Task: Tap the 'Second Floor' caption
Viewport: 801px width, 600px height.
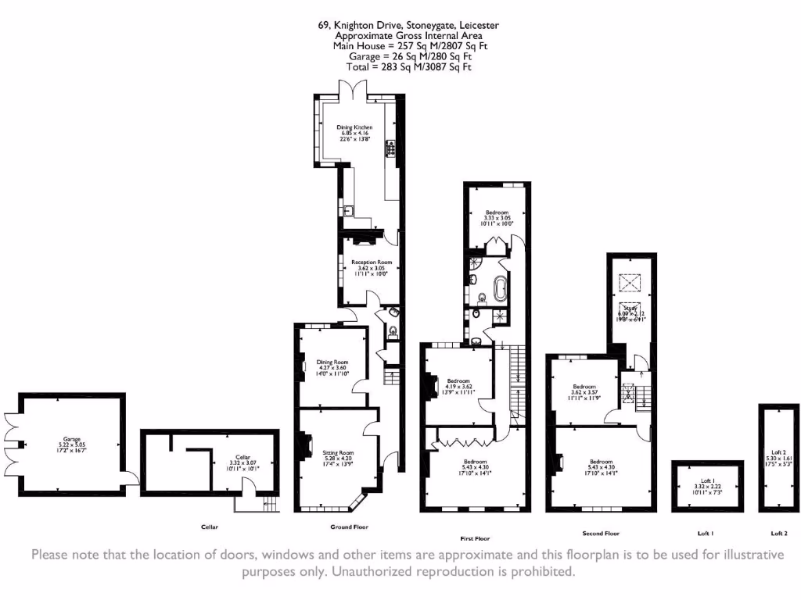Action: click(x=601, y=534)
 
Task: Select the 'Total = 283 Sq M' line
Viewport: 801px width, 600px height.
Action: click(x=408, y=67)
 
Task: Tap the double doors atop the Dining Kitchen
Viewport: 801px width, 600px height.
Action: click(x=355, y=88)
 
